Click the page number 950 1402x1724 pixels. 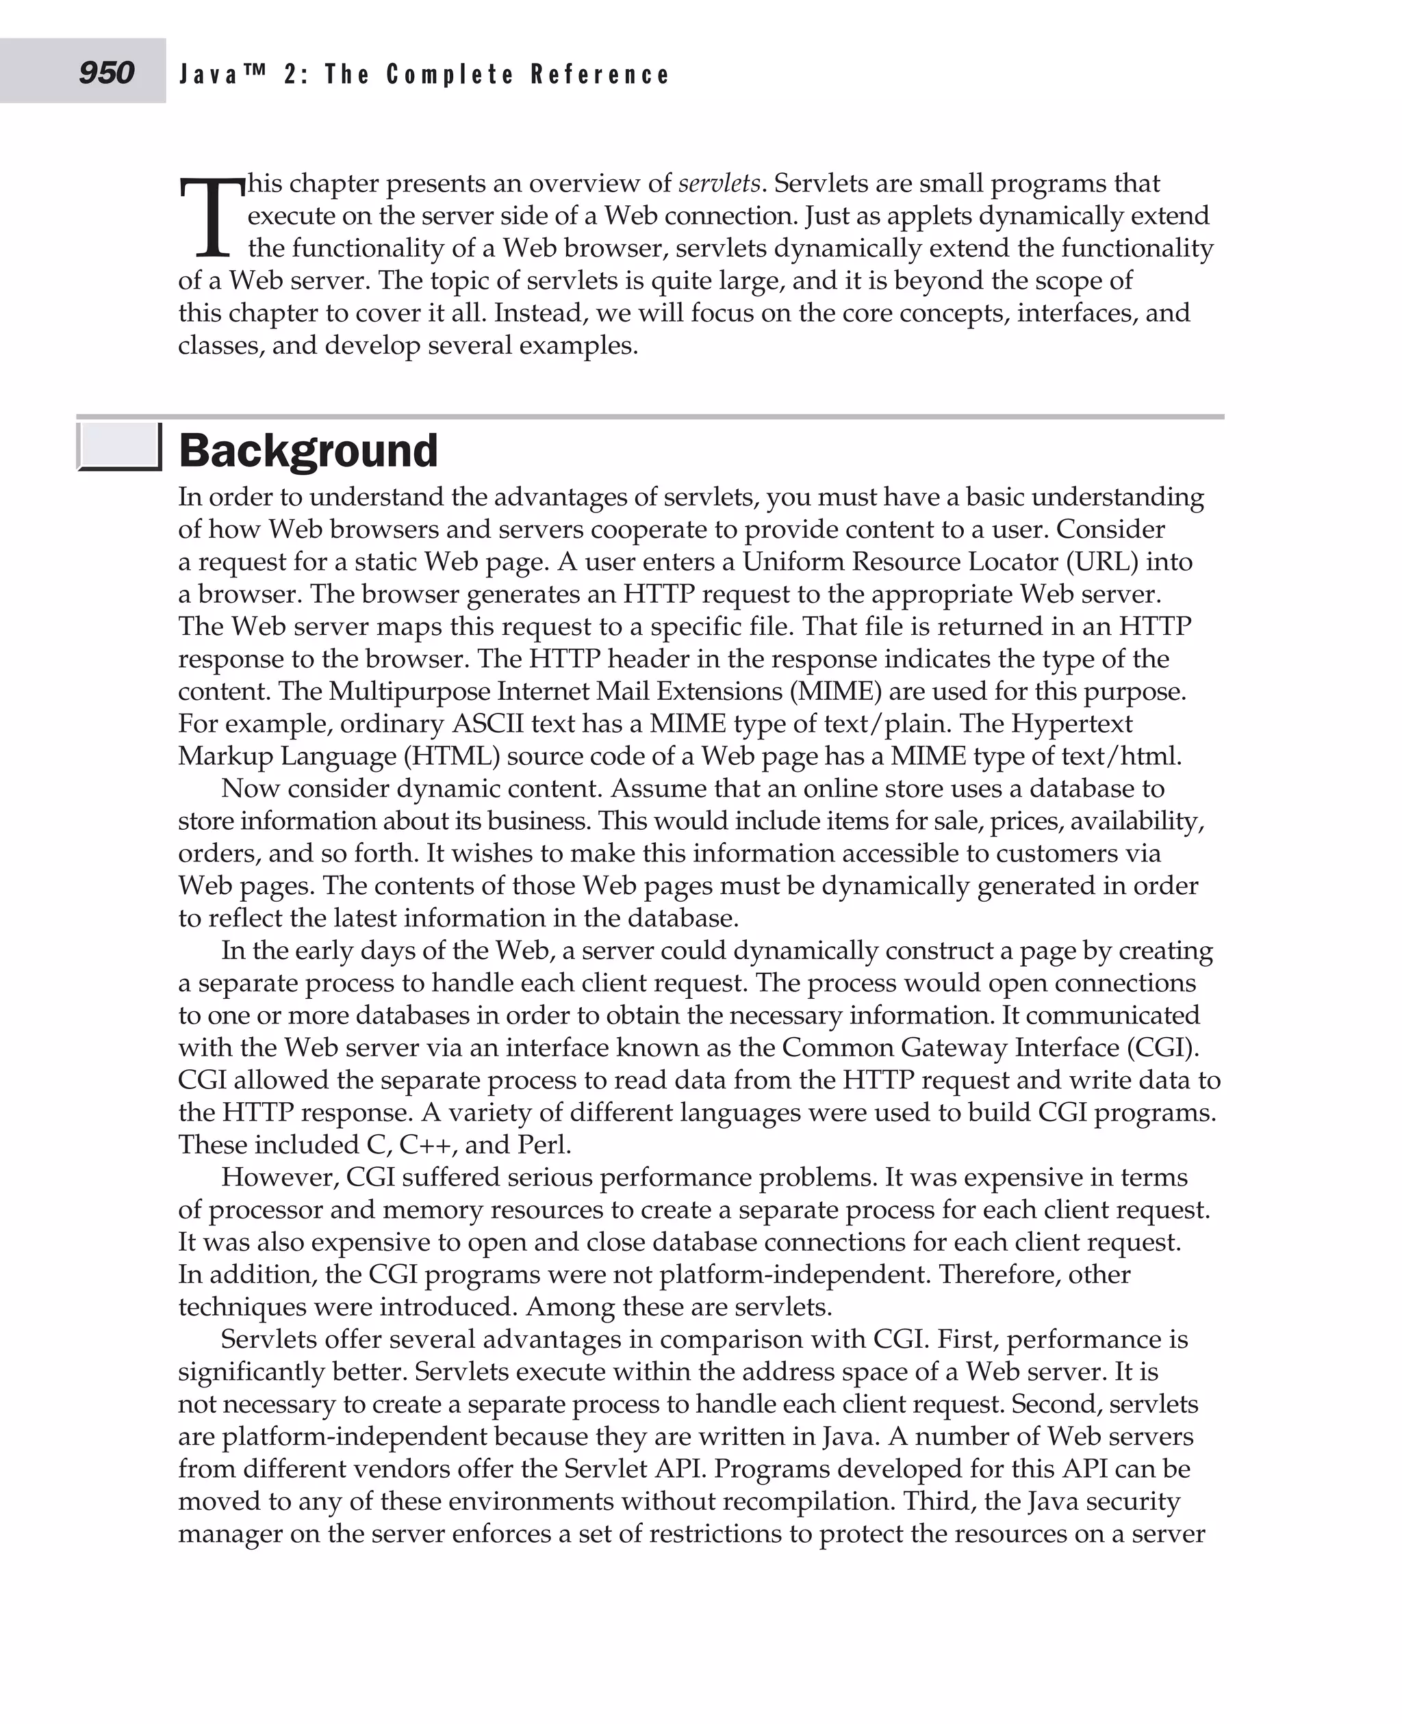tap(106, 73)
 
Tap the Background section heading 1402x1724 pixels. tap(307, 450)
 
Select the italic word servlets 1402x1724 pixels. tap(719, 184)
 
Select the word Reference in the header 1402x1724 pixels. tap(600, 75)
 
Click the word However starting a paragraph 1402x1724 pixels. tap(279, 1177)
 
